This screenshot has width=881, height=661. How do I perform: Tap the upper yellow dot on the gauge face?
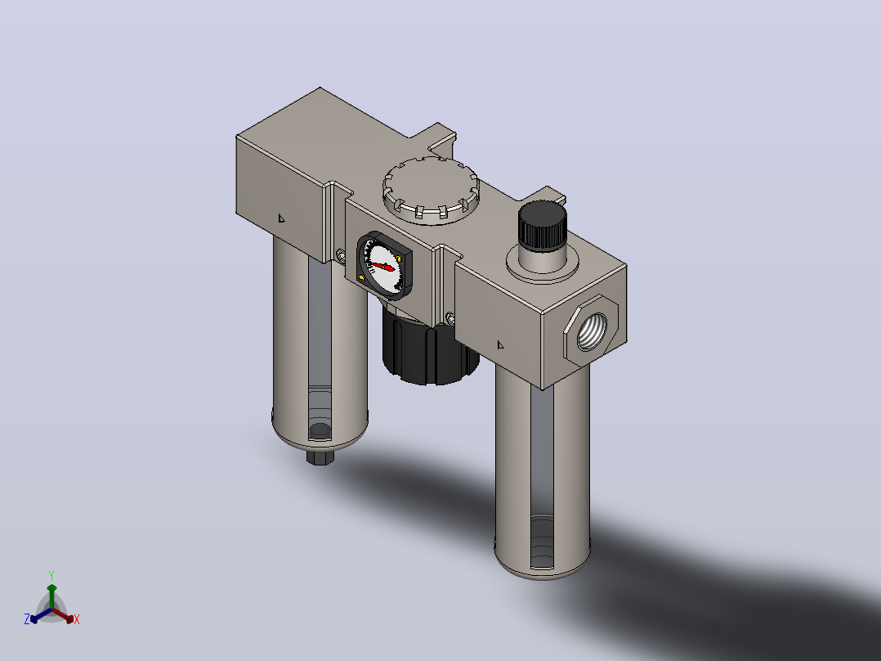pyautogui.click(x=398, y=259)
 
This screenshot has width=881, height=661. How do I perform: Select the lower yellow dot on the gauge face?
pyautogui.click(x=361, y=277)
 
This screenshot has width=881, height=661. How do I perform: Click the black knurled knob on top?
pyautogui.click(x=542, y=226)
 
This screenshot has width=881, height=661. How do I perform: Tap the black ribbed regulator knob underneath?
pyautogui.click(x=429, y=347)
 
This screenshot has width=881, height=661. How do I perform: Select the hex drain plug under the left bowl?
pyautogui.click(x=320, y=456)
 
